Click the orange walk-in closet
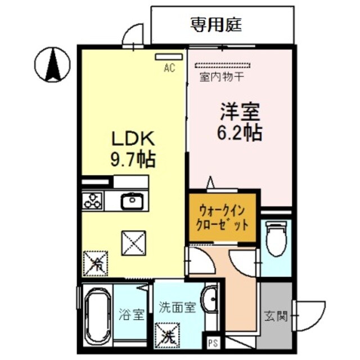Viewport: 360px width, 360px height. click(x=223, y=217)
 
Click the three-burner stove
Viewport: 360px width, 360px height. click(x=92, y=200)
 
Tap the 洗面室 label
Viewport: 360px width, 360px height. click(x=177, y=308)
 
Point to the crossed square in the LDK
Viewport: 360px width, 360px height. click(x=134, y=243)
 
